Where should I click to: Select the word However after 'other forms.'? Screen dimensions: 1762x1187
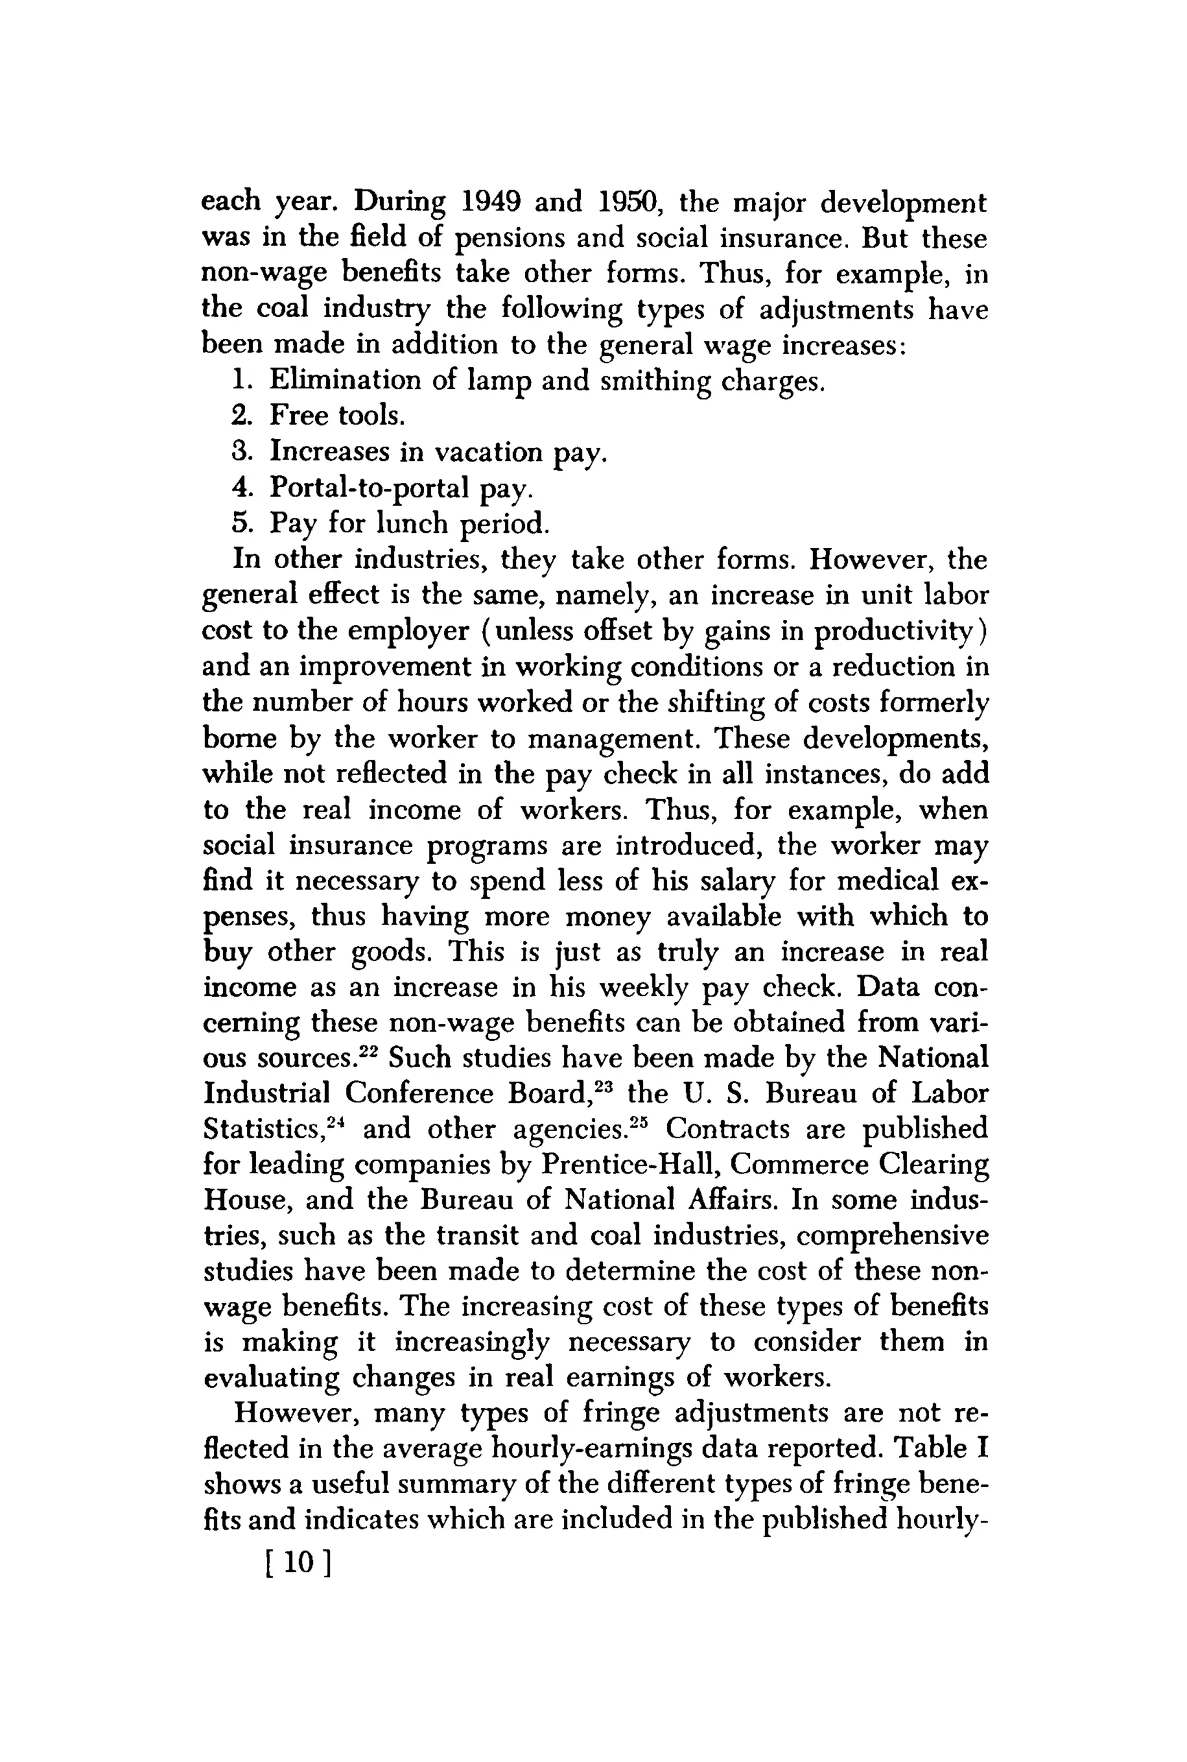pyautogui.click(x=871, y=560)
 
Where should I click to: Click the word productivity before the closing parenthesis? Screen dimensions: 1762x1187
pyautogui.click(x=894, y=631)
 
